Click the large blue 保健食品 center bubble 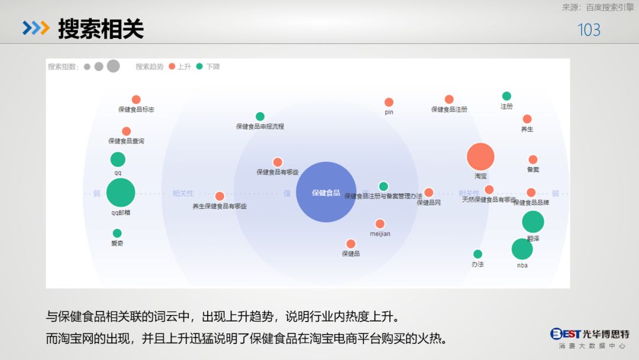point(326,192)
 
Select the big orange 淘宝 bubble point(480,157)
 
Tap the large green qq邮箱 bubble point(121,192)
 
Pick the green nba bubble point(522,249)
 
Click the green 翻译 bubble point(533,222)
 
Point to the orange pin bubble point(389,102)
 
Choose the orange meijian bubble point(380,224)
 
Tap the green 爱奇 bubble point(117,233)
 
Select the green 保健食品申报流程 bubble point(260,117)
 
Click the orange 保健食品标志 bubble point(136,99)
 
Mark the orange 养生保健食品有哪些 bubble point(220,196)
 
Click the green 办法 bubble point(477,254)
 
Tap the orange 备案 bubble point(533,160)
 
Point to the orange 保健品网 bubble point(428,192)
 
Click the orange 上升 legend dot point(172,66)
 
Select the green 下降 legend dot point(199,66)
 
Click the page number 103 point(589,30)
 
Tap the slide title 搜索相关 point(101,28)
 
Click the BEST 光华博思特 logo point(589,338)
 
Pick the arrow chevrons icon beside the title point(35,28)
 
